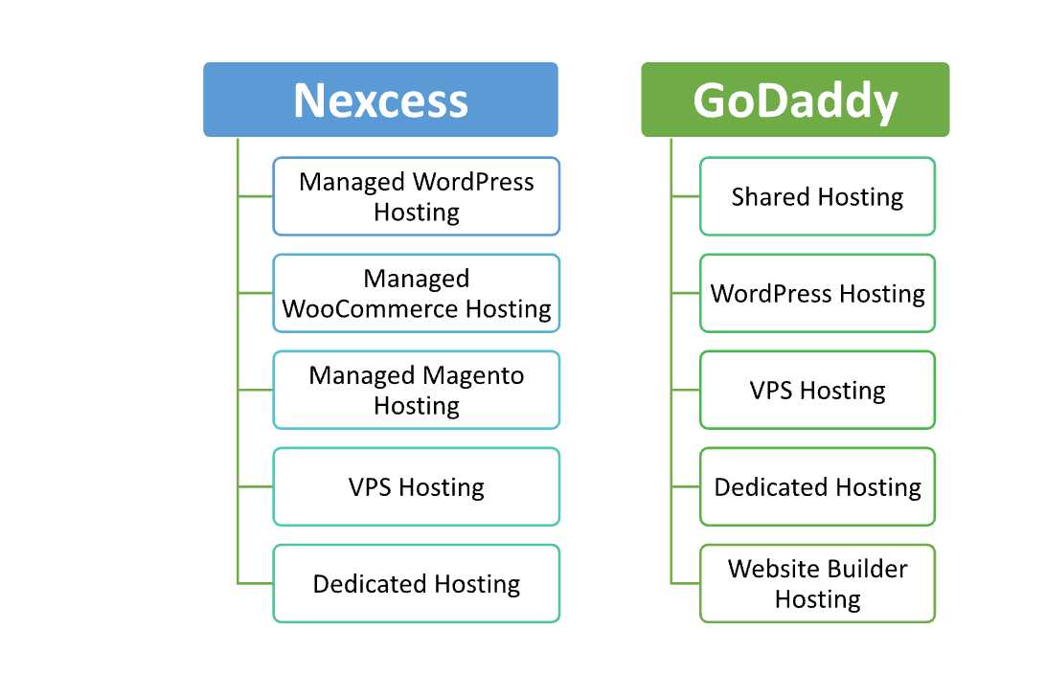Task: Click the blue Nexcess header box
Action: [380, 100]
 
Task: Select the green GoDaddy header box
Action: [795, 100]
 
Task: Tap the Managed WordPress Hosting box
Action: [416, 196]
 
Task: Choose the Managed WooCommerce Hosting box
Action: [416, 293]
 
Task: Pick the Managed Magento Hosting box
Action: [416, 390]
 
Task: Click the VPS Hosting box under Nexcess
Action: [416, 486]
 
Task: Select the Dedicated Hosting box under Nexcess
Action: [416, 583]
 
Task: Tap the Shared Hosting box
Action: [817, 196]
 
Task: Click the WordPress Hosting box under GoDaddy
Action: [817, 293]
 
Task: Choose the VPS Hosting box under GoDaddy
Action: [817, 390]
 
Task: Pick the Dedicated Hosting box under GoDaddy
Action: [817, 486]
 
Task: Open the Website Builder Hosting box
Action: [817, 583]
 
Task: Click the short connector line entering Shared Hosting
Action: [686, 196]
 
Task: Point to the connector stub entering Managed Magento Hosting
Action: [256, 390]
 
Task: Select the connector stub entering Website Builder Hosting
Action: [686, 583]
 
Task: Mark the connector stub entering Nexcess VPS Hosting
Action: [256, 486]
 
